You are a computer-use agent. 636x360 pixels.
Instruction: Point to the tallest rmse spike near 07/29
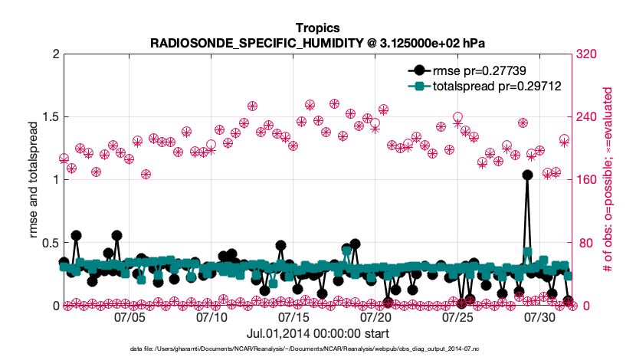[527, 175]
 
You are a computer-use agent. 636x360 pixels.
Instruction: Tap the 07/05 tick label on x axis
[129, 316]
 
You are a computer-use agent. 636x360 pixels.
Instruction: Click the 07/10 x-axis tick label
[211, 316]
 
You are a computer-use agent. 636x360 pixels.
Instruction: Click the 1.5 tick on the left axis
[50, 117]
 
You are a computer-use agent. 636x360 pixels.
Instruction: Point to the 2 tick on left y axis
[54, 54]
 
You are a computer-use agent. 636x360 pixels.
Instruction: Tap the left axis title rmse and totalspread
[33, 180]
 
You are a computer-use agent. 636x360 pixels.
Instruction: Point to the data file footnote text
[316, 349]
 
